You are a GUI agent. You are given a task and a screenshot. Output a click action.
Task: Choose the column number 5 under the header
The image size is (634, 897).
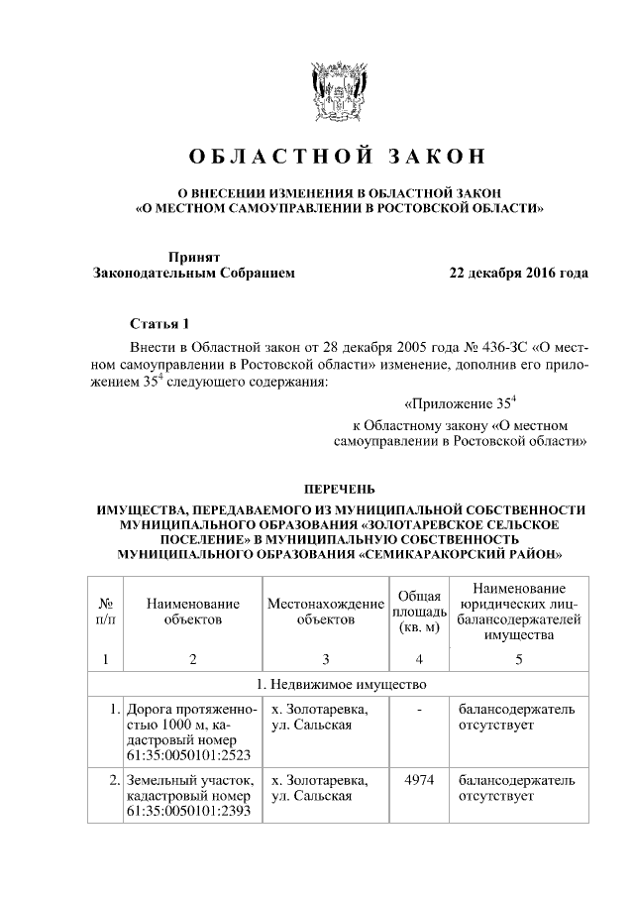(x=519, y=659)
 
